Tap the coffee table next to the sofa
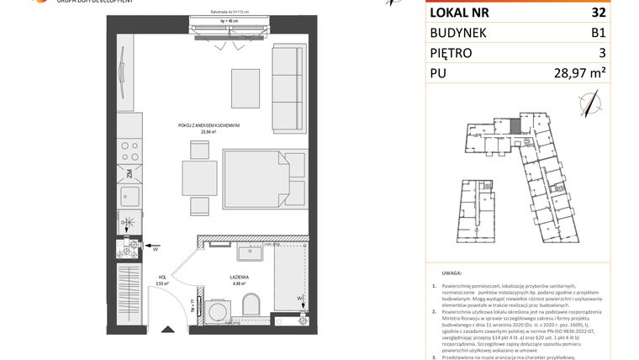(246, 85)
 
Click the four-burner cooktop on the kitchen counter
(129, 151)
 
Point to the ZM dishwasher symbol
(130, 175)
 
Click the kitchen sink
(129, 199)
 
